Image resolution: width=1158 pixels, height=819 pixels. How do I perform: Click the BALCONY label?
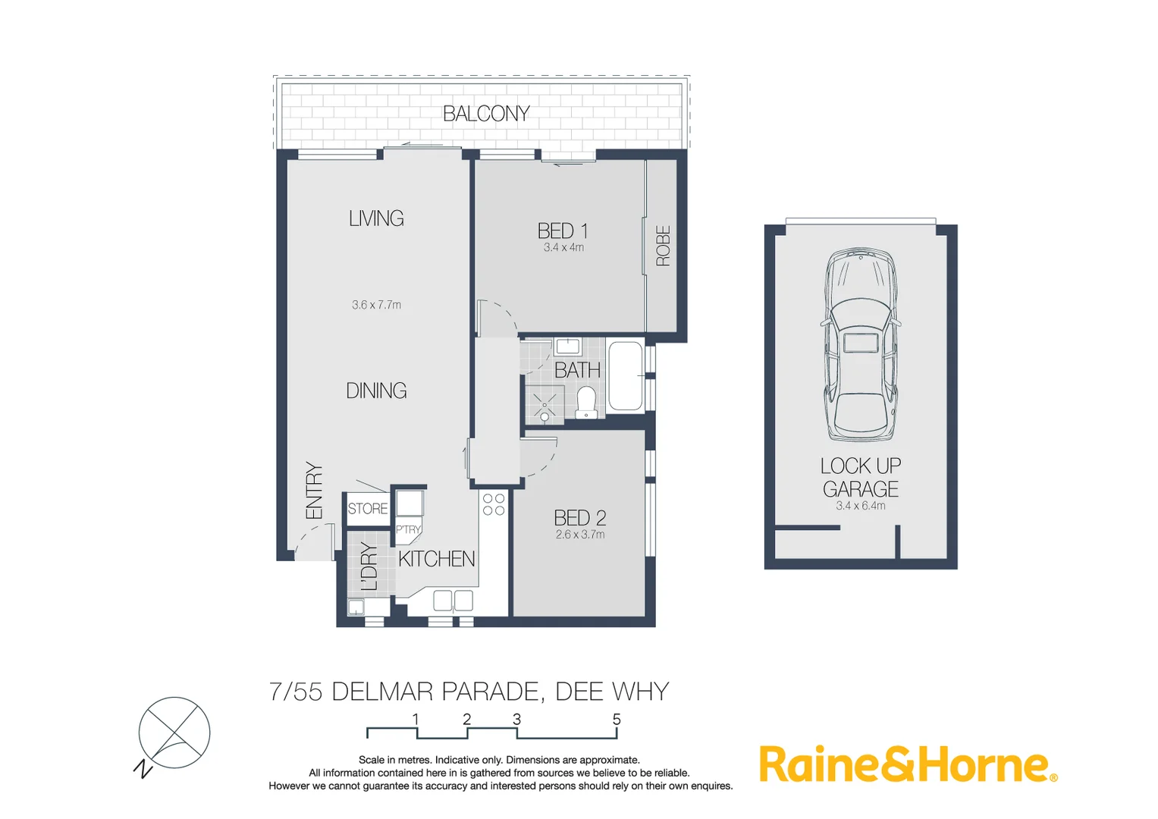[x=486, y=114]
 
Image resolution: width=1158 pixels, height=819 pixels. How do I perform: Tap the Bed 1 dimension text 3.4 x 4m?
[x=563, y=248]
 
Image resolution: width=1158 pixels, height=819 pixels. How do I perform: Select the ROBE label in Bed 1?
[x=663, y=246]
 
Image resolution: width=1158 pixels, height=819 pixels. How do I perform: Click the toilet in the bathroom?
[x=586, y=403]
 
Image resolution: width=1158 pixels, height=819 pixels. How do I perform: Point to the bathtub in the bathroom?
[x=626, y=376]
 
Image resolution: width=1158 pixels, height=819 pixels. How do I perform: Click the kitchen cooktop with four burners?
[x=494, y=504]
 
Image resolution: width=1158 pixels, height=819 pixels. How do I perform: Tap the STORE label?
[x=368, y=509]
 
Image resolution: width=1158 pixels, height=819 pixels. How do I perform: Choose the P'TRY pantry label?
[x=408, y=529]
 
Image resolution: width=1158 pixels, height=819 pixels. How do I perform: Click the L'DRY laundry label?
[x=369, y=566]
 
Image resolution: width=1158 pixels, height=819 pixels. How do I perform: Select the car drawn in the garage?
[x=861, y=345]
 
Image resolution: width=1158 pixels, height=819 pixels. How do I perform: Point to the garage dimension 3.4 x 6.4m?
[x=861, y=506]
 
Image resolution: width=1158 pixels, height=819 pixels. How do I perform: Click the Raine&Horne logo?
[x=908, y=764]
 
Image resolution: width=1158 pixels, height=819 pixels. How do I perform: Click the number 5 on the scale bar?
[x=617, y=719]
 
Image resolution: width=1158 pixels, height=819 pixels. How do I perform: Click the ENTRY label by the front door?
[x=314, y=491]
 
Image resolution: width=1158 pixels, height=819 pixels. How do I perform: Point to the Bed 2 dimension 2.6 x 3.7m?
[x=580, y=535]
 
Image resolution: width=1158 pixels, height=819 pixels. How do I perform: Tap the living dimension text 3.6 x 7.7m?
[x=376, y=305]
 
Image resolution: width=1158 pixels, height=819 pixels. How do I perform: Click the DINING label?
[x=376, y=391]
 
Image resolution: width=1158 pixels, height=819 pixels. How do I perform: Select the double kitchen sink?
[x=453, y=601]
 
